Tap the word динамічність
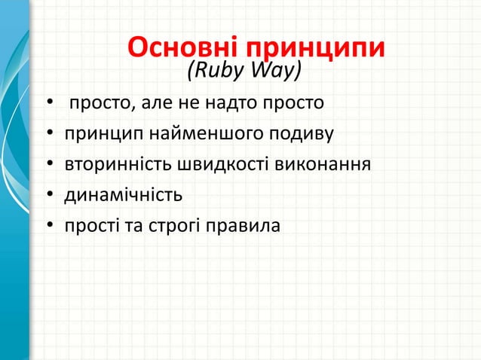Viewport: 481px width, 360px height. (x=123, y=195)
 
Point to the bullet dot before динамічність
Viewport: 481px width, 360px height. (x=49, y=196)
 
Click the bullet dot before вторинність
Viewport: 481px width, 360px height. (x=49, y=165)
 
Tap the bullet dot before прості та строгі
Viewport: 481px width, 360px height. (x=49, y=226)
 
